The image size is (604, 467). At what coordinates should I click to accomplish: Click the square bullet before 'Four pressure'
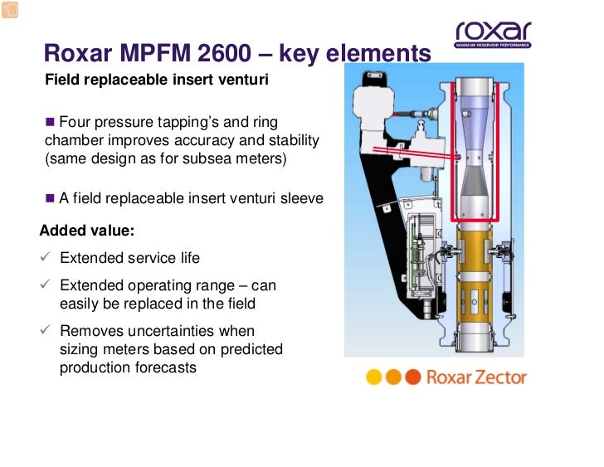[x=50, y=122]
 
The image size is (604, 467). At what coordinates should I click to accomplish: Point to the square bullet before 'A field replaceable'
[x=50, y=198]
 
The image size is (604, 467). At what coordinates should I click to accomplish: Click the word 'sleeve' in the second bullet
[x=301, y=199]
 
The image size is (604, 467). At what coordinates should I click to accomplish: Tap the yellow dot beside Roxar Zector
[x=374, y=377]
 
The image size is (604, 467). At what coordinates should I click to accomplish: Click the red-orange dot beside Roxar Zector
[x=414, y=377]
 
